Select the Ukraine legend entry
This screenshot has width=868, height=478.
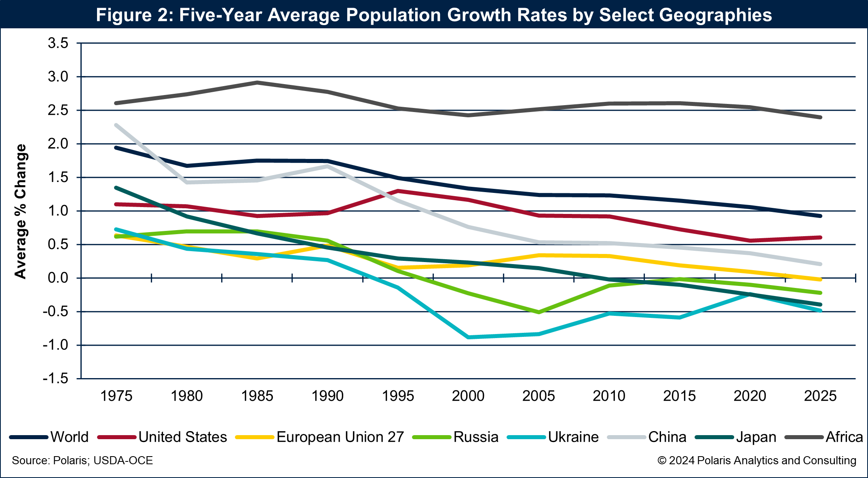tap(573, 437)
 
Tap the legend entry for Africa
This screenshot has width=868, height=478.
tap(844, 437)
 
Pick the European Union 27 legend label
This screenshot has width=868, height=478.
tap(340, 437)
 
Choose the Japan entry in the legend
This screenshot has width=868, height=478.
tap(756, 437)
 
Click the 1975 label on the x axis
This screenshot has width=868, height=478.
tap(116, 396)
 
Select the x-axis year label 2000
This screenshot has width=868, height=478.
tap(468, 396)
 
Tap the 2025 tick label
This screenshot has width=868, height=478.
tap(820, 396)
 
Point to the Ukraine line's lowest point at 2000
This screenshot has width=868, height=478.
tap(469, 337)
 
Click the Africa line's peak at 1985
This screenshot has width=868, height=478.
tap(257, 82)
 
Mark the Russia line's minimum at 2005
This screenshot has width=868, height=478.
tap(539, 312)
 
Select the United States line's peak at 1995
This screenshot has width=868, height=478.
tap(398, 191)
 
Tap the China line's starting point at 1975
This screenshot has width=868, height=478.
tap(116, 125)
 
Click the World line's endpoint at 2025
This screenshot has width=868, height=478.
tap(820, 216)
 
